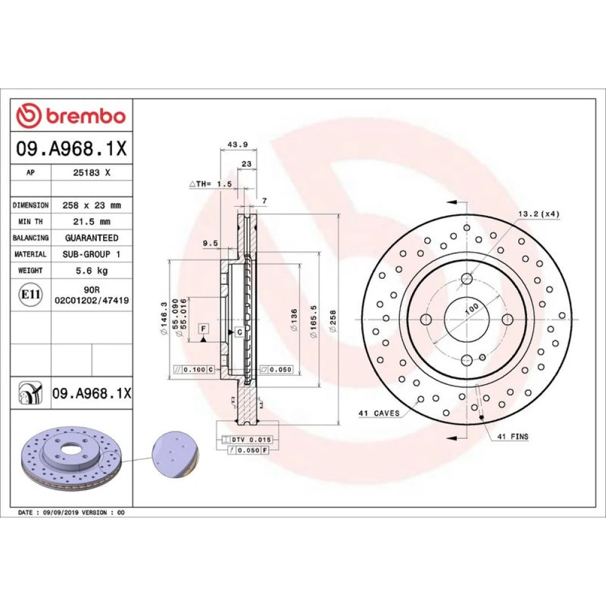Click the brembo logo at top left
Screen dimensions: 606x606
[x=71, y=116]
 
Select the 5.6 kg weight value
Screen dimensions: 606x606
[x=92, y=270]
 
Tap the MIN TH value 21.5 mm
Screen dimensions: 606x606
[x=92, y=221]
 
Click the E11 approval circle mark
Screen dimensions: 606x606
[x=30, y=295]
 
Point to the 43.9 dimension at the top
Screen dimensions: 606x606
[x=238, y=145]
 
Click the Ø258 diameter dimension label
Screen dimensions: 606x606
[x=333, y=321]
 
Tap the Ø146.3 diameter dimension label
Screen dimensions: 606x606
[x=164, y=319]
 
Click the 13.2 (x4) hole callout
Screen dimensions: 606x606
[x=539, y=214]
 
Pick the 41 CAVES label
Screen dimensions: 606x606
[x=379, y=413]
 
